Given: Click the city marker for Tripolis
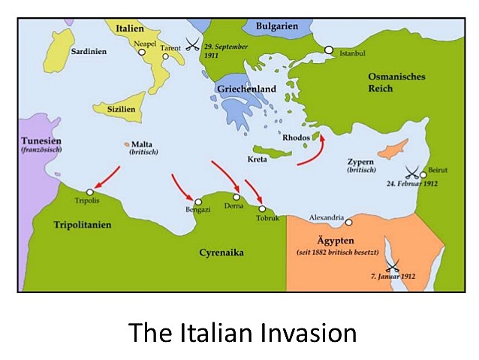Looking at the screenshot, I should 90,192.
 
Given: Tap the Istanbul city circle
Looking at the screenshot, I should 328,50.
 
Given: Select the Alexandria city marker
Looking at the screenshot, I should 348,222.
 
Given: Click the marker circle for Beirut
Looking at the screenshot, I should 423,174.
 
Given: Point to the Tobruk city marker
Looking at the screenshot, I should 262,208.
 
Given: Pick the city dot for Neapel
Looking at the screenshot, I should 140,53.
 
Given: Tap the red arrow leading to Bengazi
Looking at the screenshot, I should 184,187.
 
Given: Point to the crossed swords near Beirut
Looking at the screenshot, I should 411,172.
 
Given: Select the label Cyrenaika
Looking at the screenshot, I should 222,253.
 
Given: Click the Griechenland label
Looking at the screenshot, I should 246,89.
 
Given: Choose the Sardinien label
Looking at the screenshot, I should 88,51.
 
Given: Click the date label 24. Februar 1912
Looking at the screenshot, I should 412,183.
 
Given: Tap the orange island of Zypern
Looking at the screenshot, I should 391,150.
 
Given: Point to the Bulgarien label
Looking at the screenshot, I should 276,26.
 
